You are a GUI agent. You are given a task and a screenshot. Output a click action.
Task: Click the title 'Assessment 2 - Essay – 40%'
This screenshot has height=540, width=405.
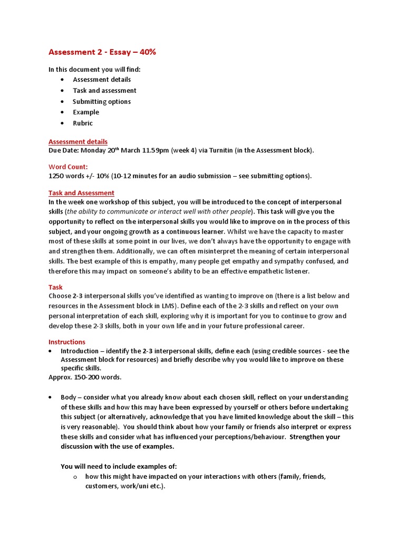pos(102,52)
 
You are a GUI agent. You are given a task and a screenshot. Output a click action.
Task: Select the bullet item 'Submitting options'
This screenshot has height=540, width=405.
pos(101,101)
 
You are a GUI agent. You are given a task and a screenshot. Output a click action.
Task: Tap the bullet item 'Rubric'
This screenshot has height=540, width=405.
pos(82,123)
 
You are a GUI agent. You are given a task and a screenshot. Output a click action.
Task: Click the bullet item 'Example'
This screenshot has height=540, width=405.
pos(85,112)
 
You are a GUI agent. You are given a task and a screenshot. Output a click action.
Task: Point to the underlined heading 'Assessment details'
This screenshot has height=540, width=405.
pos(78,141)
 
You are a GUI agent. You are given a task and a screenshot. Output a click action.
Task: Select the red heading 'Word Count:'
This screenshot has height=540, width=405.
pos(68,167)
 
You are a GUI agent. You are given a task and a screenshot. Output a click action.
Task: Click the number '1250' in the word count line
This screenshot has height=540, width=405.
pos(57,176)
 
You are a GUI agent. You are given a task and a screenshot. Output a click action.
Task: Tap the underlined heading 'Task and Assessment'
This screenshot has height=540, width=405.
pos(81,193)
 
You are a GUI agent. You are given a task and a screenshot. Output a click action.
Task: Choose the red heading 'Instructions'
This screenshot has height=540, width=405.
pos(66,342)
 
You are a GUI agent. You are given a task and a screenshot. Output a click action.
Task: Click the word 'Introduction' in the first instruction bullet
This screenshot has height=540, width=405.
pos(79,351)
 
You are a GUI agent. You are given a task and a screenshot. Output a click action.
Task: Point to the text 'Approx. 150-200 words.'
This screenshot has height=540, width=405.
pos(84,377)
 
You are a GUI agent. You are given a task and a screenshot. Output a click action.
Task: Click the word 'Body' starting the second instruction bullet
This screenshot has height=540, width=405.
pos(69,397)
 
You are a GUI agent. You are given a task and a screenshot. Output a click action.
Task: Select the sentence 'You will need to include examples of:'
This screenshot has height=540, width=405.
pos(119,466)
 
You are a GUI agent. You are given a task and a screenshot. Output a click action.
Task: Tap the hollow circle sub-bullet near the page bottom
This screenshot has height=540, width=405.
pos(75,477)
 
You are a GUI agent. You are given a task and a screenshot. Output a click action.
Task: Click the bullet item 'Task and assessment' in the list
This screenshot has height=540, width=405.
pos(104,90)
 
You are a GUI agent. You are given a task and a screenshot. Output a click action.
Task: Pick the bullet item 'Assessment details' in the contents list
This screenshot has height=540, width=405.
pos(102,80)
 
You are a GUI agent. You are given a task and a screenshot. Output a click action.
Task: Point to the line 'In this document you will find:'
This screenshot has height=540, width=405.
pos(94,69)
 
